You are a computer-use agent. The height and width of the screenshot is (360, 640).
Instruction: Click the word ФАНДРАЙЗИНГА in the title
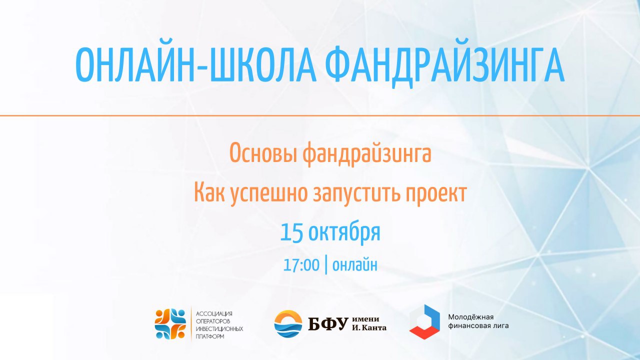[x=445, y=67]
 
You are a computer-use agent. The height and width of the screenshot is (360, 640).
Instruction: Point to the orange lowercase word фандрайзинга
[x=367, y=154]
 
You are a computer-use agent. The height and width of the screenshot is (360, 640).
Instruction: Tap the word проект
[x=435, y=193]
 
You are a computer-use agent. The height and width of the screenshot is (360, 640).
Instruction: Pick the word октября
[x=344, y=233]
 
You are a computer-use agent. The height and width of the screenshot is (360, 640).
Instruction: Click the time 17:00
[x=301, y=265]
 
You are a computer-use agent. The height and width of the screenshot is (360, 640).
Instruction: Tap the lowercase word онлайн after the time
[x=355, y=265]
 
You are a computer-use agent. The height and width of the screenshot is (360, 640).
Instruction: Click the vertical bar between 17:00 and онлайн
[x=326, y=265]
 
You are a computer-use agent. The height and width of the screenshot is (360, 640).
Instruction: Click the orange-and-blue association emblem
[x=170, y=324]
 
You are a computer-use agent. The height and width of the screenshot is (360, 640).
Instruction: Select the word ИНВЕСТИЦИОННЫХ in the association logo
[x=219, y=329]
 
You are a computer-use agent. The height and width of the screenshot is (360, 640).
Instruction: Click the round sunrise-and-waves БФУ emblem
[x=288, y=323]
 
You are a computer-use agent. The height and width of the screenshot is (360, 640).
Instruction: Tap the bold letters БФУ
[x=328, y=323]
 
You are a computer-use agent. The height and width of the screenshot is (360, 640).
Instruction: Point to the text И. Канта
[x=369, y=328]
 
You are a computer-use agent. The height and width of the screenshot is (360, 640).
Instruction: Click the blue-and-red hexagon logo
[x=424, y=322]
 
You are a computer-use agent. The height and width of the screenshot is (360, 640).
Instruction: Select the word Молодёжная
[x=471, y=317]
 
